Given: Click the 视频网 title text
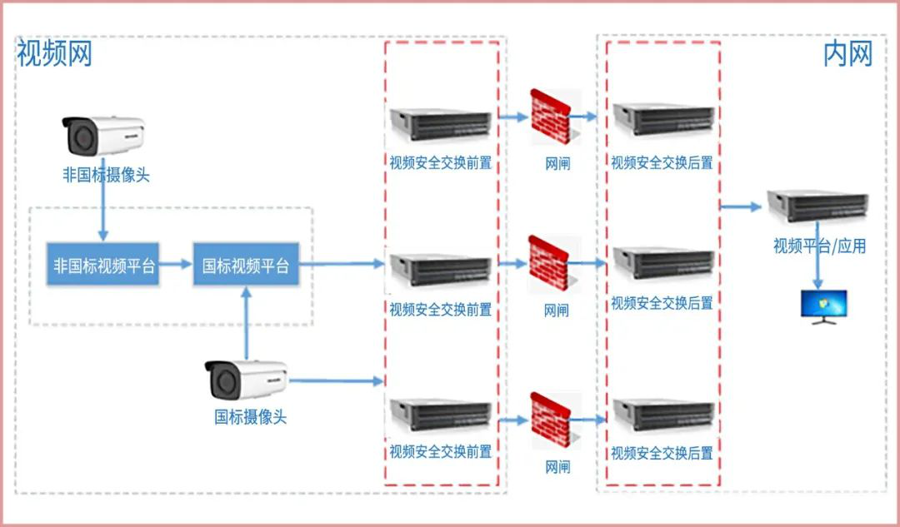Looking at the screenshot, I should click(x=54, y=54).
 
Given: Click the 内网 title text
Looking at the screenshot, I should click(x=847, y=54).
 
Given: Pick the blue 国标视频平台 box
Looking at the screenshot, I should click(x=246, y=266).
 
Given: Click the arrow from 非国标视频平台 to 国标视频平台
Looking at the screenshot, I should click(x=175, y=266).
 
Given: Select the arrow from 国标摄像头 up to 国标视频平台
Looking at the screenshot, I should click(x=247, y=321).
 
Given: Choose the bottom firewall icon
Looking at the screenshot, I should click(x=552, y=420).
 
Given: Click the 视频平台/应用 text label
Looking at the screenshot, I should click(x=819, y=246).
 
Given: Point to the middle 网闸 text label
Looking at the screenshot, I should click(x=557, y=311).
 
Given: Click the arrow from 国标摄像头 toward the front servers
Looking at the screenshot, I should click(x=337, y=381).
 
